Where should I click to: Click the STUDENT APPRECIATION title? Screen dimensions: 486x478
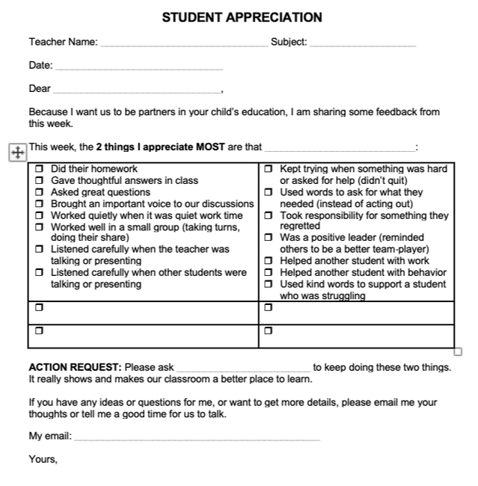[x=242, y=17]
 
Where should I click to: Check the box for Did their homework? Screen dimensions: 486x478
[x=40, y=170]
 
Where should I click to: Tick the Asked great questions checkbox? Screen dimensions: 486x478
[x=40, y=193]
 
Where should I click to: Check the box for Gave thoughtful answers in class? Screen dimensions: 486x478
[x=40, y=181]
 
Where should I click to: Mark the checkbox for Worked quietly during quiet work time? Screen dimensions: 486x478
[x=40, y=215]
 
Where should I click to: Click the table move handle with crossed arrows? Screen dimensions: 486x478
[x=16, y=152]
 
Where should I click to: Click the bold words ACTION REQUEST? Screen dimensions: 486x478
[x=75, y=367]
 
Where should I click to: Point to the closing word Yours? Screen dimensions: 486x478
[x=43, y=459]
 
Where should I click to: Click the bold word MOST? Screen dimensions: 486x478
[x=210, y=147]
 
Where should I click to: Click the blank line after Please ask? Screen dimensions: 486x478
[x=244, y=369]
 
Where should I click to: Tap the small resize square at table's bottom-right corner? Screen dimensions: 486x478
[x=458, y=351]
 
